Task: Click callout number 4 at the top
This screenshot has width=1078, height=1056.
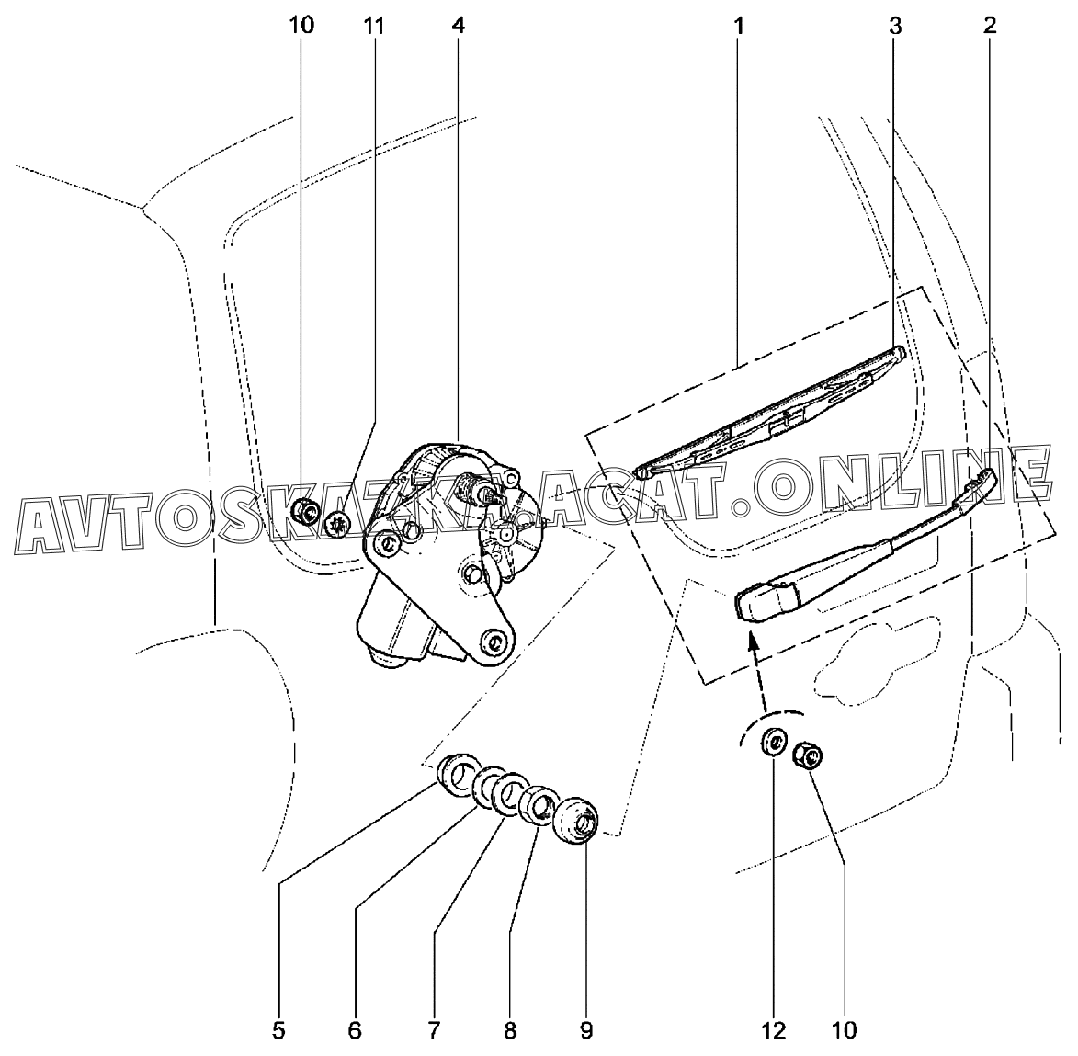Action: pyautogui.click(x=459, y=26)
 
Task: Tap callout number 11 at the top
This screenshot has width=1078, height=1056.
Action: pyautogui.click(x=374, y=26)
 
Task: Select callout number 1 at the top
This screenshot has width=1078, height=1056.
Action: pyautogui.click(x=738, y=26)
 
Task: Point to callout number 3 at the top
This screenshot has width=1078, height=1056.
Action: pyautogui.click(x=894, y=26)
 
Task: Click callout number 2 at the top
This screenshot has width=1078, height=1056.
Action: pyautogui.click(x=989, y=26)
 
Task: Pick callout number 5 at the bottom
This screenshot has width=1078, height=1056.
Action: pyautogui.click(x=278, y=1030)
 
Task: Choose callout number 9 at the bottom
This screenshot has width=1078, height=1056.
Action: pyautogui.click(x=585, y=1030)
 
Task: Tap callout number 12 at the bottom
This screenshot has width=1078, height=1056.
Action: pyautogui.click(x=774, y=1030)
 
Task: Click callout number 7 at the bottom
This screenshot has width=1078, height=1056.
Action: pyautogui.click(x=433, y=1030)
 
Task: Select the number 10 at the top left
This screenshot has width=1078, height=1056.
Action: pyautogui.click(x=301, y=26)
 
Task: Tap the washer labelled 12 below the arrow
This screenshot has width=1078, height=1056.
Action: pyautogui.click(x=774, y=743)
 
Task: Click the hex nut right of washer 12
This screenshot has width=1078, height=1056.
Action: pyautogui.click(x=809, y=756)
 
